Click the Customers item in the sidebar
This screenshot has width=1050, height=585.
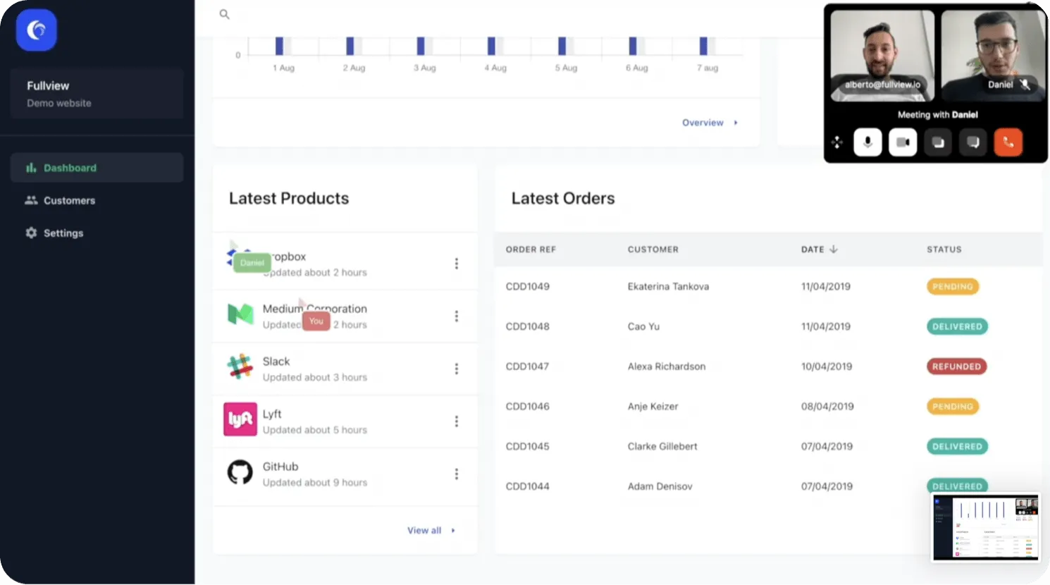[68, 201]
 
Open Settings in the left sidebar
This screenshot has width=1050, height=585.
[63, 233]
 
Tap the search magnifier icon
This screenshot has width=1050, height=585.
[224, 14]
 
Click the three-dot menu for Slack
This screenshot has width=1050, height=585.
[457, 369]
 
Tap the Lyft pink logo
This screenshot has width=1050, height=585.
[240, 419]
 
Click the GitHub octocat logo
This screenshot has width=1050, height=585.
[240, 472]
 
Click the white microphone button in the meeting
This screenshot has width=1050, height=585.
[867, 142]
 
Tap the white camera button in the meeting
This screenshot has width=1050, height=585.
[903, 142]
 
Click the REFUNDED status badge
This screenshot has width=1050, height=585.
[956, 367]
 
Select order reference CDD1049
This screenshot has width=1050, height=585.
[528, 287]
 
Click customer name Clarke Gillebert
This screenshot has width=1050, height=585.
[662, 447]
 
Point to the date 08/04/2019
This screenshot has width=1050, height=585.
[827, 407]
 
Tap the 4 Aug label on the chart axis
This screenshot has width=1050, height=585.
[495, 68]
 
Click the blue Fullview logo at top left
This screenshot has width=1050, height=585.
[36, 30]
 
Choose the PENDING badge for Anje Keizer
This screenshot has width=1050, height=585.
[952, 407]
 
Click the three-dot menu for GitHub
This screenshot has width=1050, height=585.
[457, 474]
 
